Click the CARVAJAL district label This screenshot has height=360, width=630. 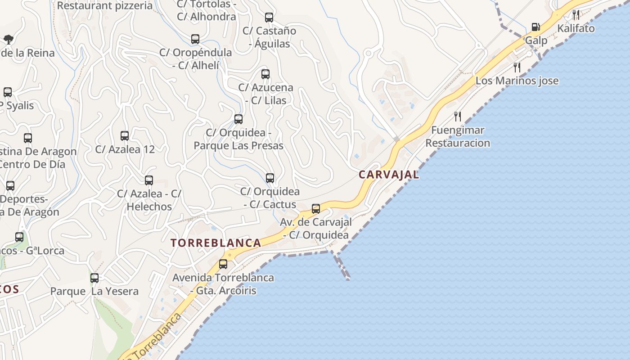pos(389,175)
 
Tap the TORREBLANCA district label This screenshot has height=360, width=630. pos(216,243)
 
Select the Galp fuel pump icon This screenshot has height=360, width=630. pos(535,27)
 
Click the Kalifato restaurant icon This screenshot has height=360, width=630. pos(576,15)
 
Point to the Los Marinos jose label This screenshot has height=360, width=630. pos(517,81)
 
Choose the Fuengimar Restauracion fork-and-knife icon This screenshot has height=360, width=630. pos(458,117)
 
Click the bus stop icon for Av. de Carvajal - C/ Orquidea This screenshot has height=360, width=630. pos(316,208)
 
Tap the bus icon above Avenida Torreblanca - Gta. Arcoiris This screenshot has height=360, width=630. pos(223,264)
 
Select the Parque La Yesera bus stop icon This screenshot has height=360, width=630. pos(94,278)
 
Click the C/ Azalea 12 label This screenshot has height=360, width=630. pos(125,149)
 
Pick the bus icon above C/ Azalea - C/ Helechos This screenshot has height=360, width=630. pos(149,180)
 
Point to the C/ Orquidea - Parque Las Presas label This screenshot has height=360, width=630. pos(238,139)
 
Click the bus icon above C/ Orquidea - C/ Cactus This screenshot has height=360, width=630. pos(270,178)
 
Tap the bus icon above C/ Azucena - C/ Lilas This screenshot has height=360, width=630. pos(265,74)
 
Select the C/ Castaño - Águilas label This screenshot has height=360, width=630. pos(269,37)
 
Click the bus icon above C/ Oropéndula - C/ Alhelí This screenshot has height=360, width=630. pos(195,39)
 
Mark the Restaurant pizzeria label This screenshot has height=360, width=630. pos(105,6)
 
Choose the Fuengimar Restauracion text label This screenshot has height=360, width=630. pos(458,137)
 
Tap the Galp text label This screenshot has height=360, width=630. pos(536,40)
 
